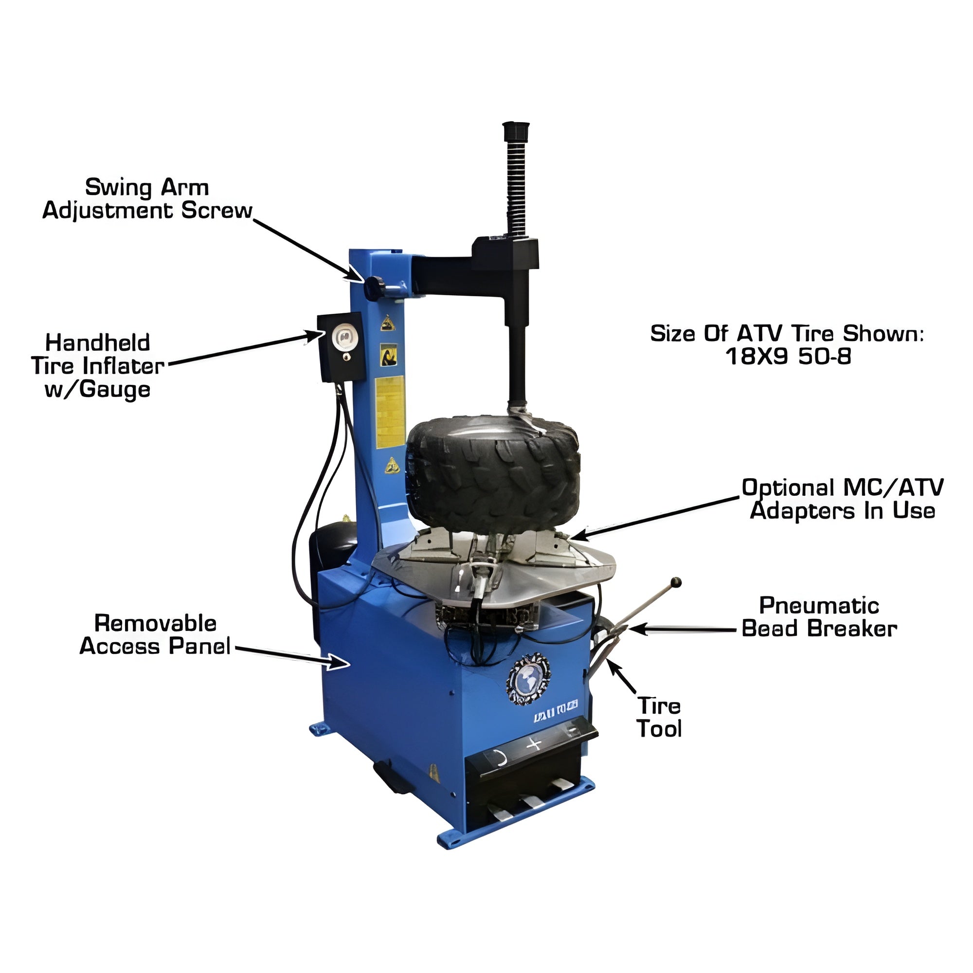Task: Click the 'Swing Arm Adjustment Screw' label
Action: tap(147, 199)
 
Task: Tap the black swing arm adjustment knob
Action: tap(374, 288)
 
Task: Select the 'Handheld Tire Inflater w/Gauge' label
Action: tap(98, 366)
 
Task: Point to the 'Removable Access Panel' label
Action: tap(155, 634)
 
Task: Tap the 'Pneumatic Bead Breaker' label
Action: tap(819, 617)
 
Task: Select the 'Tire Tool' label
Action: tap(659, 717)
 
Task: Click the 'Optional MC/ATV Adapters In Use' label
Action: tap(843, 499)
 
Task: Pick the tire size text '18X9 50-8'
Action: tap(788, 357)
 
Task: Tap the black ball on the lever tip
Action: tap(676, 582)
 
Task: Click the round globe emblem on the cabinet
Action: tap(528, 679)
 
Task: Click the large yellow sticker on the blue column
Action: tap(390, 412)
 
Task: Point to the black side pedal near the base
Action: tap(392, 776)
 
